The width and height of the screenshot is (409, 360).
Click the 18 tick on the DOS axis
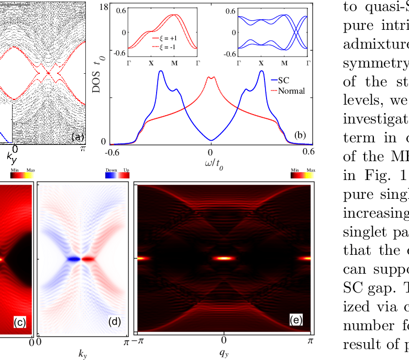[x=104, y=7]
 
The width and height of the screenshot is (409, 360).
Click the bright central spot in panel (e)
[x=224, y=258]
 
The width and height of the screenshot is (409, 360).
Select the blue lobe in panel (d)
[x=73, y=258]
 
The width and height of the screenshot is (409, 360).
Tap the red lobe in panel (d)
[x=89, y=258]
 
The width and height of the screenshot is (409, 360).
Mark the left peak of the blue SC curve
[x=161, y=72]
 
